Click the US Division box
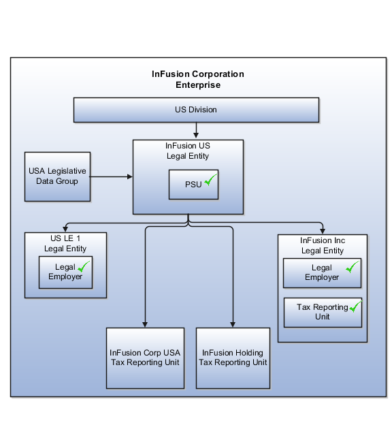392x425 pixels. (196, 110)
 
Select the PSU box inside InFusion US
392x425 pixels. (193, 185)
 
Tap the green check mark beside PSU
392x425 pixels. (210, 180)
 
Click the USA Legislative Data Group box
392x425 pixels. (57, 176)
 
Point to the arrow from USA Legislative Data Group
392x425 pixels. (111, 176)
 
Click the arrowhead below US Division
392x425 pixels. (196, 135)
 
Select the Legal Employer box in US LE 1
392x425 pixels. (65, 272)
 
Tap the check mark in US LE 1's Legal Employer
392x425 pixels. (84, 266)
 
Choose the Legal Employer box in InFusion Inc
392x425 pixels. (322, 273)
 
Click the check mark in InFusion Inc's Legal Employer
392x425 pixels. (352, 267)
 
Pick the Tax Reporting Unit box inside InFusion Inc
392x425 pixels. (323, 313)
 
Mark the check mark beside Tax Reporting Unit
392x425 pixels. (356, 306)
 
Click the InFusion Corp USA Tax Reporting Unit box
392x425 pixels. (145, 358)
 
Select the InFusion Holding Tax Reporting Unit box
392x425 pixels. (233, 358)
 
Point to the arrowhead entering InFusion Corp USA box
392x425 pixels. (145, 325)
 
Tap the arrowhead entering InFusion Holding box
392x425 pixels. (233, 325)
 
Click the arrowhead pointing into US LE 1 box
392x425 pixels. (65, 230)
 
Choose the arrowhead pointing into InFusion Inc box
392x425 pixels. (323, 231)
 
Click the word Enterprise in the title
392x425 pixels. (198, 85)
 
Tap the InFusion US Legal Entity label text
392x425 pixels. (188, 151)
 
